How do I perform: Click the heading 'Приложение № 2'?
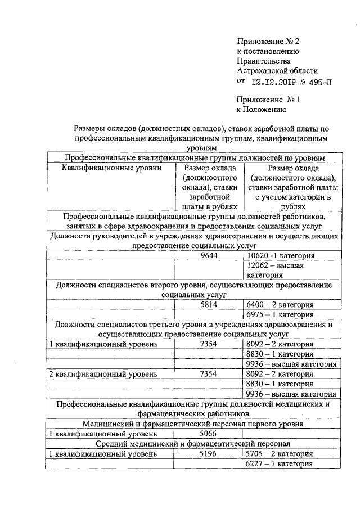[x=269, y=41]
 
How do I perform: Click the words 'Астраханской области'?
[x=277, y=71]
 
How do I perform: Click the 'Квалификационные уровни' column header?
[x=112, y=168]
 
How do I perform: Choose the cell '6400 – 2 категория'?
[x=280, y=305]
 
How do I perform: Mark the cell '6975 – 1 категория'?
[x=280, y=314]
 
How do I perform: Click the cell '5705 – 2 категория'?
[x=280, y=454]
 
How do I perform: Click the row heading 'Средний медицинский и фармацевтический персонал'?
[x=192, y=444]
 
